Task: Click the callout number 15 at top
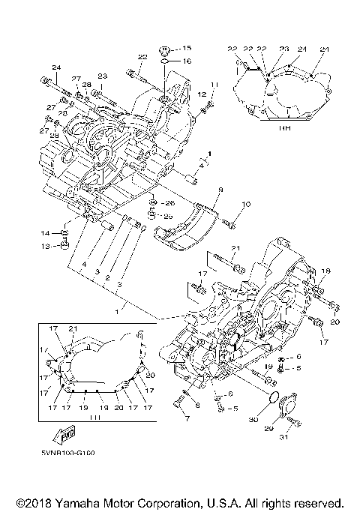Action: pyautogui.click(x=187, y=48)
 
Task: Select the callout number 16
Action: pyautogui.click(x=187, y=61)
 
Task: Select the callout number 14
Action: pyautogui.click(x=44, y=233)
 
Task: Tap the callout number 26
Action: pyautogui.click(x=169, y=202)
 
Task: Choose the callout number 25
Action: pyautogui.click(x=169, y=216)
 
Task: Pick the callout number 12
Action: pyautogui.click(x=202, y=94)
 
